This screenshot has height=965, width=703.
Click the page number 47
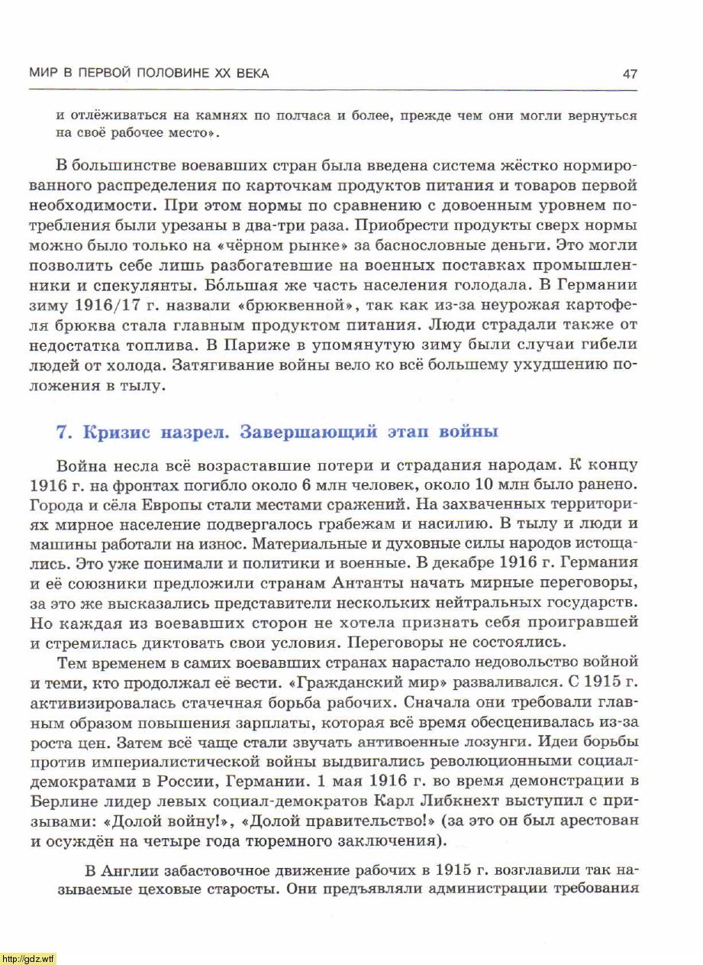point(630,74)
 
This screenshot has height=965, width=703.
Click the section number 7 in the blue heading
point(64,432)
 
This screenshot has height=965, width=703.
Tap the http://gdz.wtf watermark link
point(28,958)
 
